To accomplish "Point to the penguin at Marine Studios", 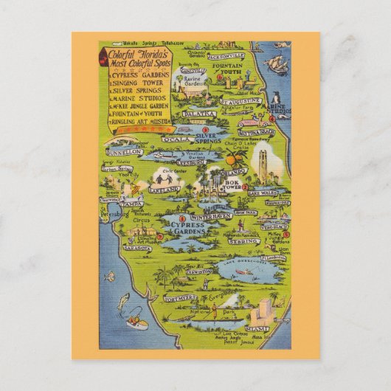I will tap(274, 97).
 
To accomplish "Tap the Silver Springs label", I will tap(208, 138).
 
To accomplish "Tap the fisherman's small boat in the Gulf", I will tap(136, 322).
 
